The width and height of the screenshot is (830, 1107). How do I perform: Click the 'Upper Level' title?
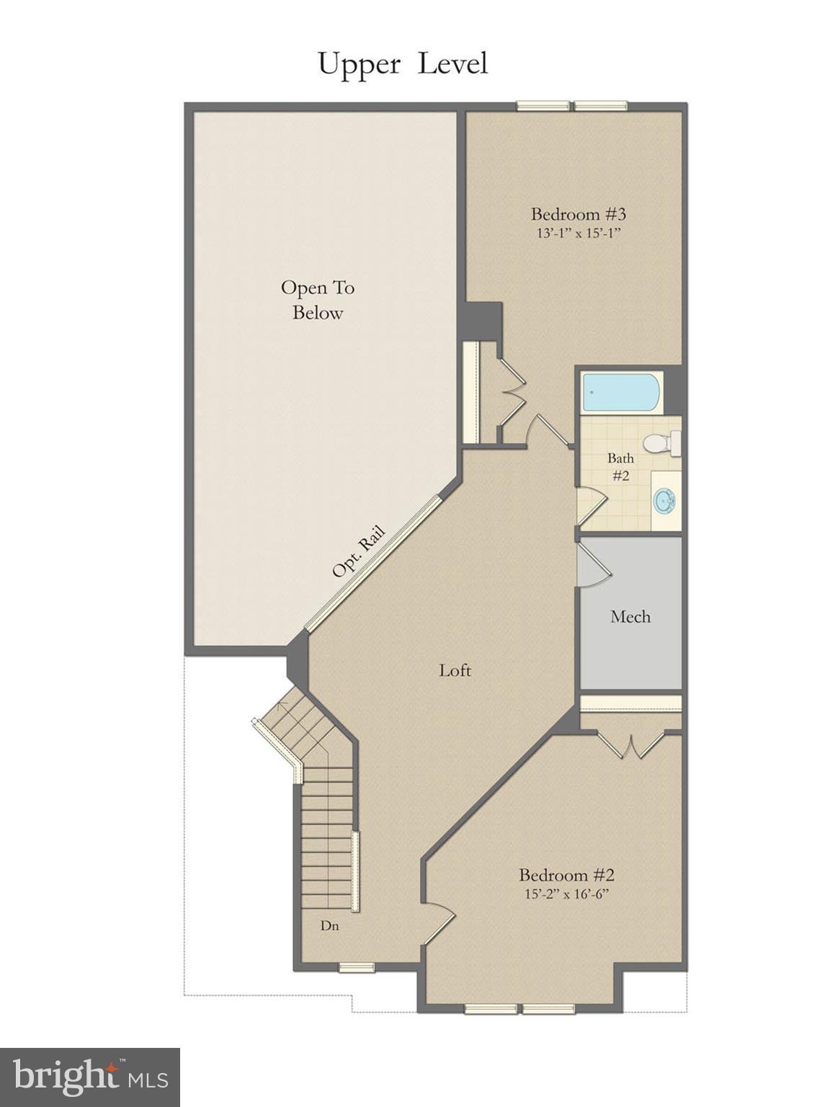point(403,65)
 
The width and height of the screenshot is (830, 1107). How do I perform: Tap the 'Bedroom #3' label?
point(578,214)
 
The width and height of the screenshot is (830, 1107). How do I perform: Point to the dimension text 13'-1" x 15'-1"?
point(578,234)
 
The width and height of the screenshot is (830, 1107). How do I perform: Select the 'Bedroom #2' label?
point(566,875)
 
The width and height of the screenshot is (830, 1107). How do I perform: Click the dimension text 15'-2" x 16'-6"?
point(566,894)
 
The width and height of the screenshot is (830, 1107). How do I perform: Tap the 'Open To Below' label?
point(318,300)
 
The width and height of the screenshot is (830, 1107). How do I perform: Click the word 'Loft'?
point(455,670)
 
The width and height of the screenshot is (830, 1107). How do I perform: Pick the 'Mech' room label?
point(630,617)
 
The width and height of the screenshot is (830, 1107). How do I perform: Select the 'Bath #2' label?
point(620,467)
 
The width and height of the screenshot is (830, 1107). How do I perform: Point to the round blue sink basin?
point(664,499)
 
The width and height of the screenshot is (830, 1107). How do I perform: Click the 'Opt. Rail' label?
point(358,552)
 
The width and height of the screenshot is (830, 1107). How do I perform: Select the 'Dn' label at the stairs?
point(330,926)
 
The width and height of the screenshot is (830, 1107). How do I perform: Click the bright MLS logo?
point(90,1077)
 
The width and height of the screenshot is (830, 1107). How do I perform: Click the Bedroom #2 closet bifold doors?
point(632,746)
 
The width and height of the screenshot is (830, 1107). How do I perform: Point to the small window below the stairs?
point(357,967)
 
